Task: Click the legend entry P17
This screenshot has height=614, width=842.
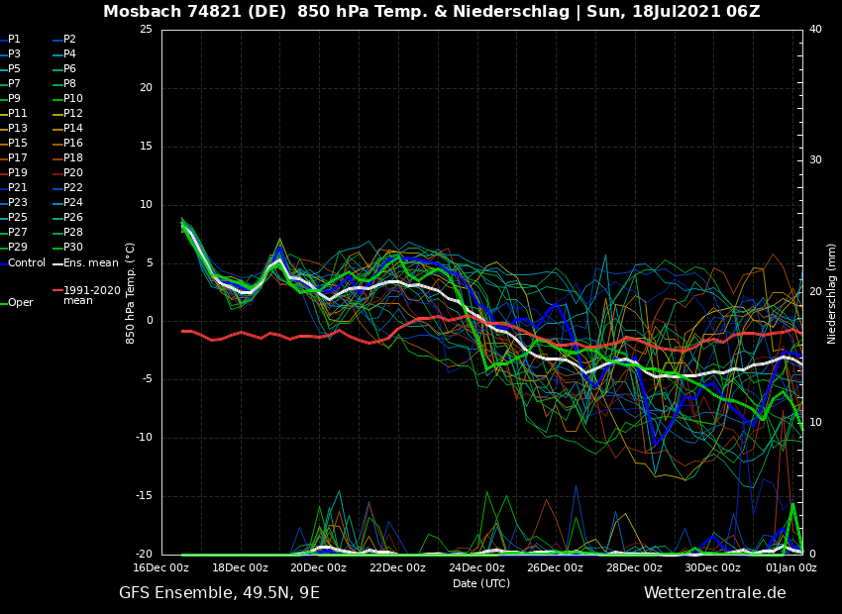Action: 18,158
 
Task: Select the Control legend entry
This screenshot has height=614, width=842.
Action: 27,262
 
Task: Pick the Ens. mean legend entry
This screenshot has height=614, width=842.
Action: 90,262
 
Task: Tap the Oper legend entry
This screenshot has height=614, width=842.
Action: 21,303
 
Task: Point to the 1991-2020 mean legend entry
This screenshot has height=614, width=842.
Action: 92,295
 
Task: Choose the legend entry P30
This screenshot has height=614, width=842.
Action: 73,248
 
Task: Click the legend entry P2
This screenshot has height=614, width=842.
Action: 69,40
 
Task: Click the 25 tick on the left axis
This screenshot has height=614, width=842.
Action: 146,30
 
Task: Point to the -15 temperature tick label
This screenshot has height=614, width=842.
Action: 144,496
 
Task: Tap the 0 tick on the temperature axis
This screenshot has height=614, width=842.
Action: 149,321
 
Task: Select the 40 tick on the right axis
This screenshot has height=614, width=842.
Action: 815,30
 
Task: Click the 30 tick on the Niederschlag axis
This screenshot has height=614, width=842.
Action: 815,160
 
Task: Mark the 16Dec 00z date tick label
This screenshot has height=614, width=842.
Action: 161,568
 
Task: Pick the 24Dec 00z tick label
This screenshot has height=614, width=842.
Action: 476,568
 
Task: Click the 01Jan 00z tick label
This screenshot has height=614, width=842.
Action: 790,568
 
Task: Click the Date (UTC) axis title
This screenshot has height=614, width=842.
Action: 481,583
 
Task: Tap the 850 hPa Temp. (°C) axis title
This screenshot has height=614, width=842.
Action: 131,292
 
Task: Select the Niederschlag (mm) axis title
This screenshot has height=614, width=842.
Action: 832,292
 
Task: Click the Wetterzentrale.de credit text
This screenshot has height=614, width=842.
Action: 714,593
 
